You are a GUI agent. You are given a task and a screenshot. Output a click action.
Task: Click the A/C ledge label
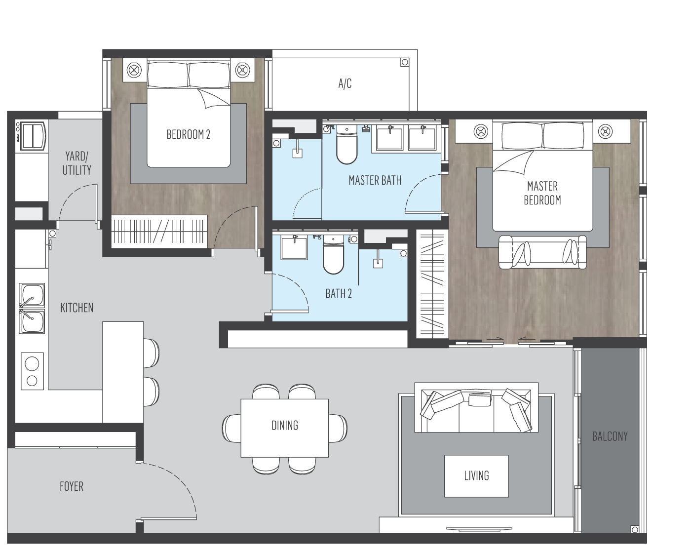(x=345, y=83)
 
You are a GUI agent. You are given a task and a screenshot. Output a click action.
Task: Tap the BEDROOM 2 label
(x=188, y=134)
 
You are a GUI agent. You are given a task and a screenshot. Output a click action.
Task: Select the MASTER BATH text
(x=375, y=180)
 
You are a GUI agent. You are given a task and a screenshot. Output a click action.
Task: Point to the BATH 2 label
(x=339, y=293)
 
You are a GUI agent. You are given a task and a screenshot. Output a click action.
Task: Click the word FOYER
(x=71, y=486)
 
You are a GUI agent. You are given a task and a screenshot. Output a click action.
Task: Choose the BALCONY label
(x=610, y=436)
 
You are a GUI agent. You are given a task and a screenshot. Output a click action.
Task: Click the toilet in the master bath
(x=347, y=145)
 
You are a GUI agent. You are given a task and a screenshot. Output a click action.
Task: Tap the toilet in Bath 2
(x=333, y=254)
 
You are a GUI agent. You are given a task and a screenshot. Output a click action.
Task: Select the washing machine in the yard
(x=32, y=136)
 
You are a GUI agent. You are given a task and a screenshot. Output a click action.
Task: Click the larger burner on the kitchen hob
(x=32, y=364)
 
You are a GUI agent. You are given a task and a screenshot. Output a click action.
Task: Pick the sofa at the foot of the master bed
(x=542, y=252)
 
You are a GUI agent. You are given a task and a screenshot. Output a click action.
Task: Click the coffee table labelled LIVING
(x=476, y=475)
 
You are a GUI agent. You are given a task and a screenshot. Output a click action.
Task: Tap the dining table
(x=284, y=428)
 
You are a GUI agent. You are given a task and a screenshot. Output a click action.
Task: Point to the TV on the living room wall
(x=479, y=529)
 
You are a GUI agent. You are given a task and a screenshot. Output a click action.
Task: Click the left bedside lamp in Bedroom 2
(x=134, y=70)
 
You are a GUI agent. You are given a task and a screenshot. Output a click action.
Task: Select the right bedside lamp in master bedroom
(x=605, y=131)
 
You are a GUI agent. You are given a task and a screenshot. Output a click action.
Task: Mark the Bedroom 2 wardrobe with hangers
(x=159, y=232)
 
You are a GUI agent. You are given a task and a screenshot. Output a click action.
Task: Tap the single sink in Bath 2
(x=294, y=248)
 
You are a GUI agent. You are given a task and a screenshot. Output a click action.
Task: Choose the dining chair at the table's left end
(x=231, y=428)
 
